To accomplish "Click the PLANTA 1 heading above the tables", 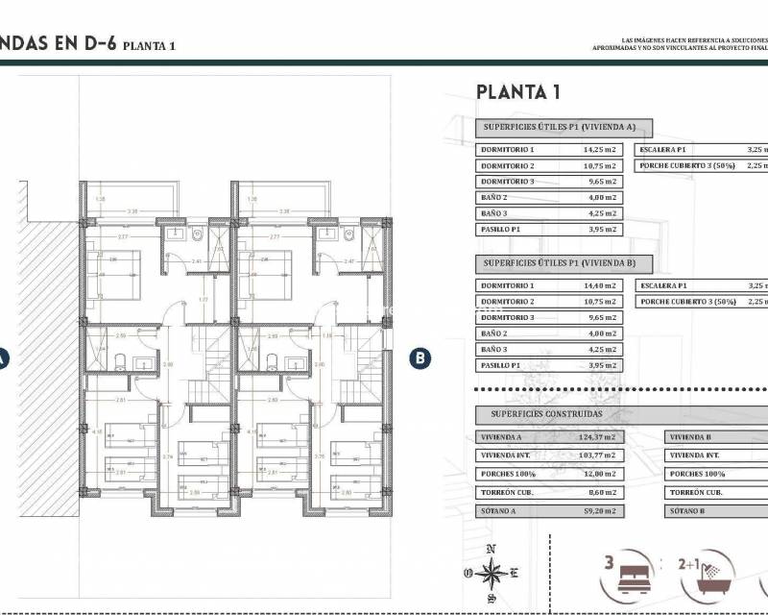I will click(518, 93).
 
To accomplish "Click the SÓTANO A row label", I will click(500, 511).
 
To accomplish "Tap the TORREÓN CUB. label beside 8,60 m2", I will click(507, 492).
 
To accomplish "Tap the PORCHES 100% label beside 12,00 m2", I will click(508, 474).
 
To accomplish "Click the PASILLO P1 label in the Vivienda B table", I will click(504, 365).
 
